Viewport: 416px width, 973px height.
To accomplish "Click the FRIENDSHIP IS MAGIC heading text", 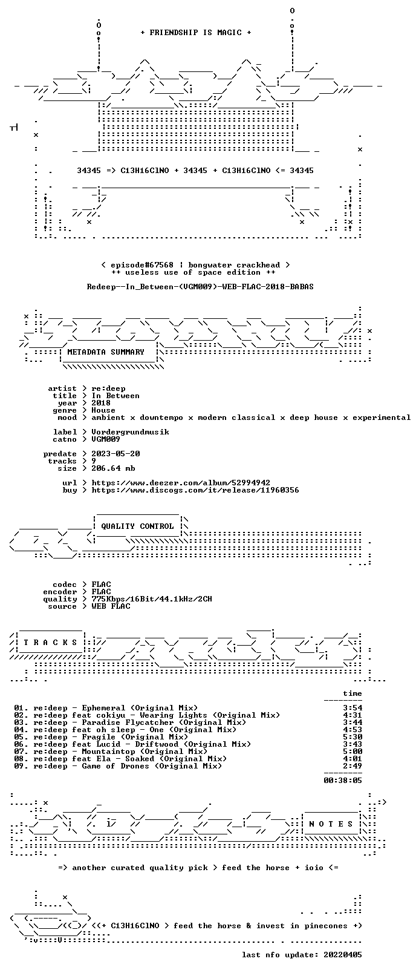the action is (196, 33).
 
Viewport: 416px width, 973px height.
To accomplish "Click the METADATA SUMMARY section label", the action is (106, 352).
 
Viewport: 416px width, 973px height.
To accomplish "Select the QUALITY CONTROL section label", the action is (137, 526).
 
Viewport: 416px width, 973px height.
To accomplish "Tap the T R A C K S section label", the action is (50, 643).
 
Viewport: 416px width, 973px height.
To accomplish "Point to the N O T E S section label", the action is (331, 824).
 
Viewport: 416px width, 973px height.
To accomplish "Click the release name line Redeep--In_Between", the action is (200, 287).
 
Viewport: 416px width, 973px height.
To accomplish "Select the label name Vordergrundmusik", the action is (130, 432).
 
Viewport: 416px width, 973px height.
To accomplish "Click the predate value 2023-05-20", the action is (115, 453).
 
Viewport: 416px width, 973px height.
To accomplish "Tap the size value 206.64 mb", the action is (113, 468).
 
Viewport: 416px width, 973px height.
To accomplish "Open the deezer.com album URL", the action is (181, 483).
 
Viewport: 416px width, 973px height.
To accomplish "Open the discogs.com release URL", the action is (195, 490).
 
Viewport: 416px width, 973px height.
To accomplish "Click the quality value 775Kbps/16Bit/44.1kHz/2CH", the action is (152, 599).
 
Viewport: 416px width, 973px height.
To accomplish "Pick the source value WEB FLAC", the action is (111, 606).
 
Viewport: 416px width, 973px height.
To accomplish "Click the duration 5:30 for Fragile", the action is (353, 736).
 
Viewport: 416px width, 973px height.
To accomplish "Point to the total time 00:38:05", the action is (343, 780).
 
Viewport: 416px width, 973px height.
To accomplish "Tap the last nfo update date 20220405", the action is (343, 954).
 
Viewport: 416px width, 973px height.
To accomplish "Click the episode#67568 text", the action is (142, 265).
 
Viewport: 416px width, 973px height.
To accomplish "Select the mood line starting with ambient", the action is (251, 418).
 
